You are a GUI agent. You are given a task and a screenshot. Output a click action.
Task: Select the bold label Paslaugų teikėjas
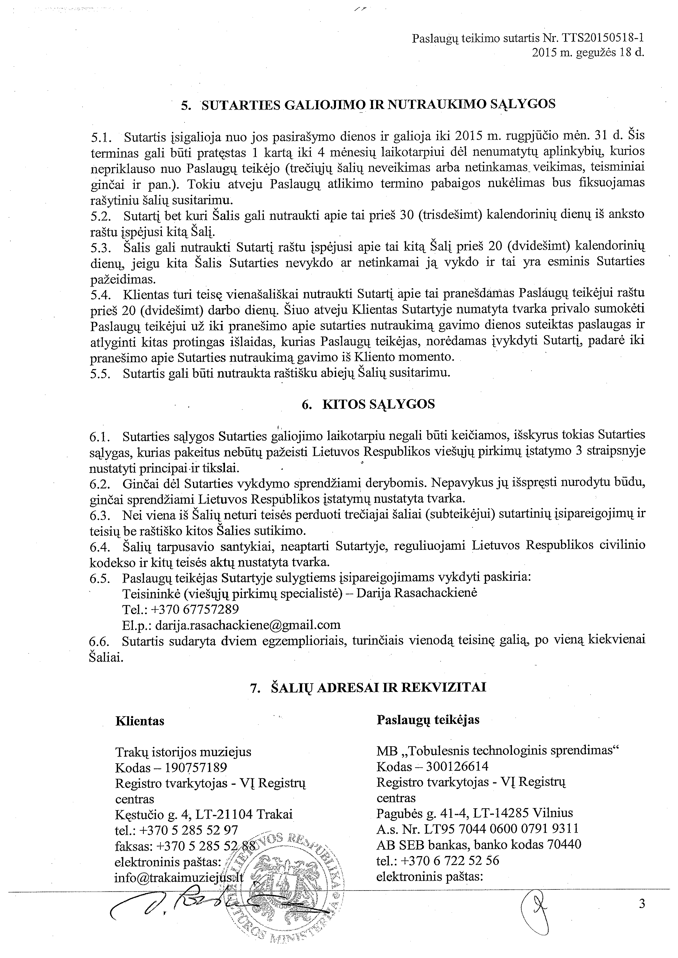[428, 720]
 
